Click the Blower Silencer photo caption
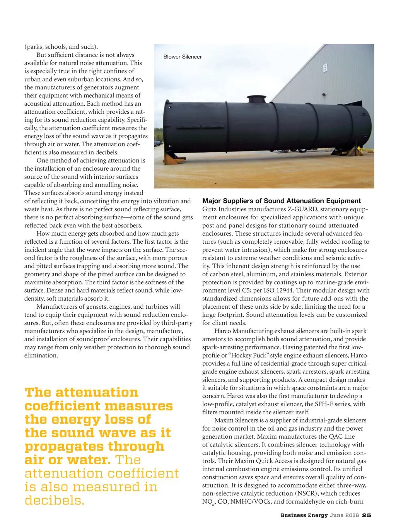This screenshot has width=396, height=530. [x=183, y=57]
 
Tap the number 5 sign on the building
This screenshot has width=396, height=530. [x=325, y=68]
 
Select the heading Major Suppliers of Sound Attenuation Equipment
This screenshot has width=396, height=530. [x=282, y=201]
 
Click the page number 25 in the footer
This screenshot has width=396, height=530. [x=367, y=515]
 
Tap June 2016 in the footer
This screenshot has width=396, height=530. [x=344, y=515]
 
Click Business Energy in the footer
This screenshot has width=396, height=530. [x=304, y=515]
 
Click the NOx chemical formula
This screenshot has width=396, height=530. [x=208, y=502]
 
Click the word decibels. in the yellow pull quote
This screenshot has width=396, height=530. [x=55, y=500]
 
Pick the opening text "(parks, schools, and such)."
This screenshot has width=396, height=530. [x=61, y=47]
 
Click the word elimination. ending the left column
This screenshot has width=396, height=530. [x=41, y=356]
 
